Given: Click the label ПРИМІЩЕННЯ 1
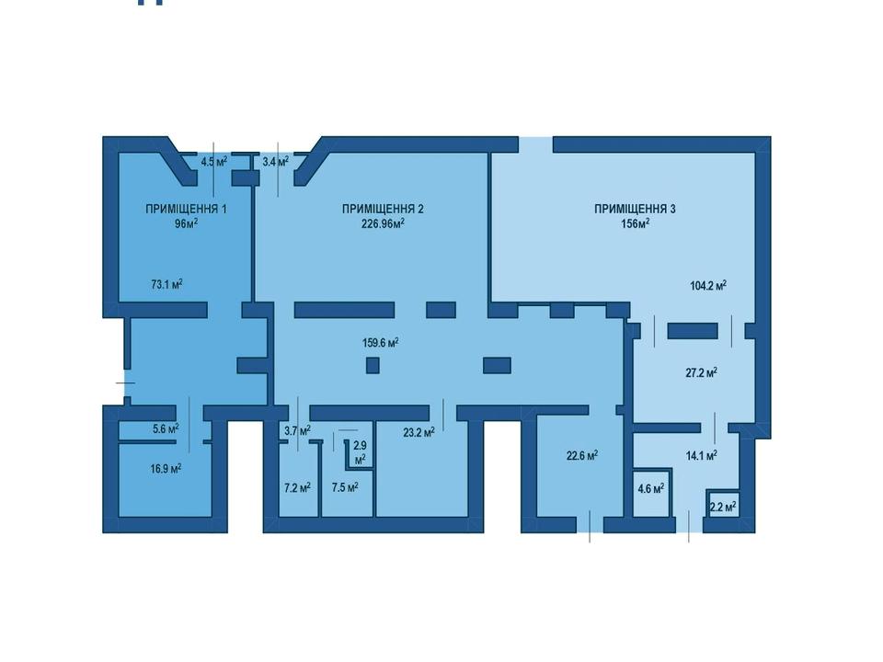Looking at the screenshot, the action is (x=187, y=209).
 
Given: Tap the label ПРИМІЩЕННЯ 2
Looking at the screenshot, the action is (x=383, y=209).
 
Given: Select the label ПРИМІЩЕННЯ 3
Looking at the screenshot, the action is (x=636, y=209).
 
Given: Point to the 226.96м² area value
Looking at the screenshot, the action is (x=383, y=223).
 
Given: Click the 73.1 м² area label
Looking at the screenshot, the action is (x=166, y=284).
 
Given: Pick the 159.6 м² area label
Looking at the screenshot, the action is (x=381, y=342).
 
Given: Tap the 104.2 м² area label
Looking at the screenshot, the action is (x=708, y=285).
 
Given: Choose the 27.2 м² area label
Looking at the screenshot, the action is (x=701, y=372).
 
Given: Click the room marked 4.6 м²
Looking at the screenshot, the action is (x=651, y=488).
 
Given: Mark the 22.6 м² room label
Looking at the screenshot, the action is (x=581, y=455).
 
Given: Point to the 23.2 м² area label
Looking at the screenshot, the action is (x=419, y=432).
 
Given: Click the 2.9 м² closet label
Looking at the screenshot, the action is (x=360, y=452).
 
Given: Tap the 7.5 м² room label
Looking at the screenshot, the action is (x=345, y=487).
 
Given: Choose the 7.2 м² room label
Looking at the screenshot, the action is (x=298, y=487).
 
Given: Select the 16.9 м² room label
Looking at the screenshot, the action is (x=166, y=468).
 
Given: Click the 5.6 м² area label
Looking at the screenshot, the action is (x=166, y=428).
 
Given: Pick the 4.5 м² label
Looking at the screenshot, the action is (x=214, y=162).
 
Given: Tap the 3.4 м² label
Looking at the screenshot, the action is (x=275, y=162).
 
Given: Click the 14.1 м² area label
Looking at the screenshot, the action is (x=701, y=455).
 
